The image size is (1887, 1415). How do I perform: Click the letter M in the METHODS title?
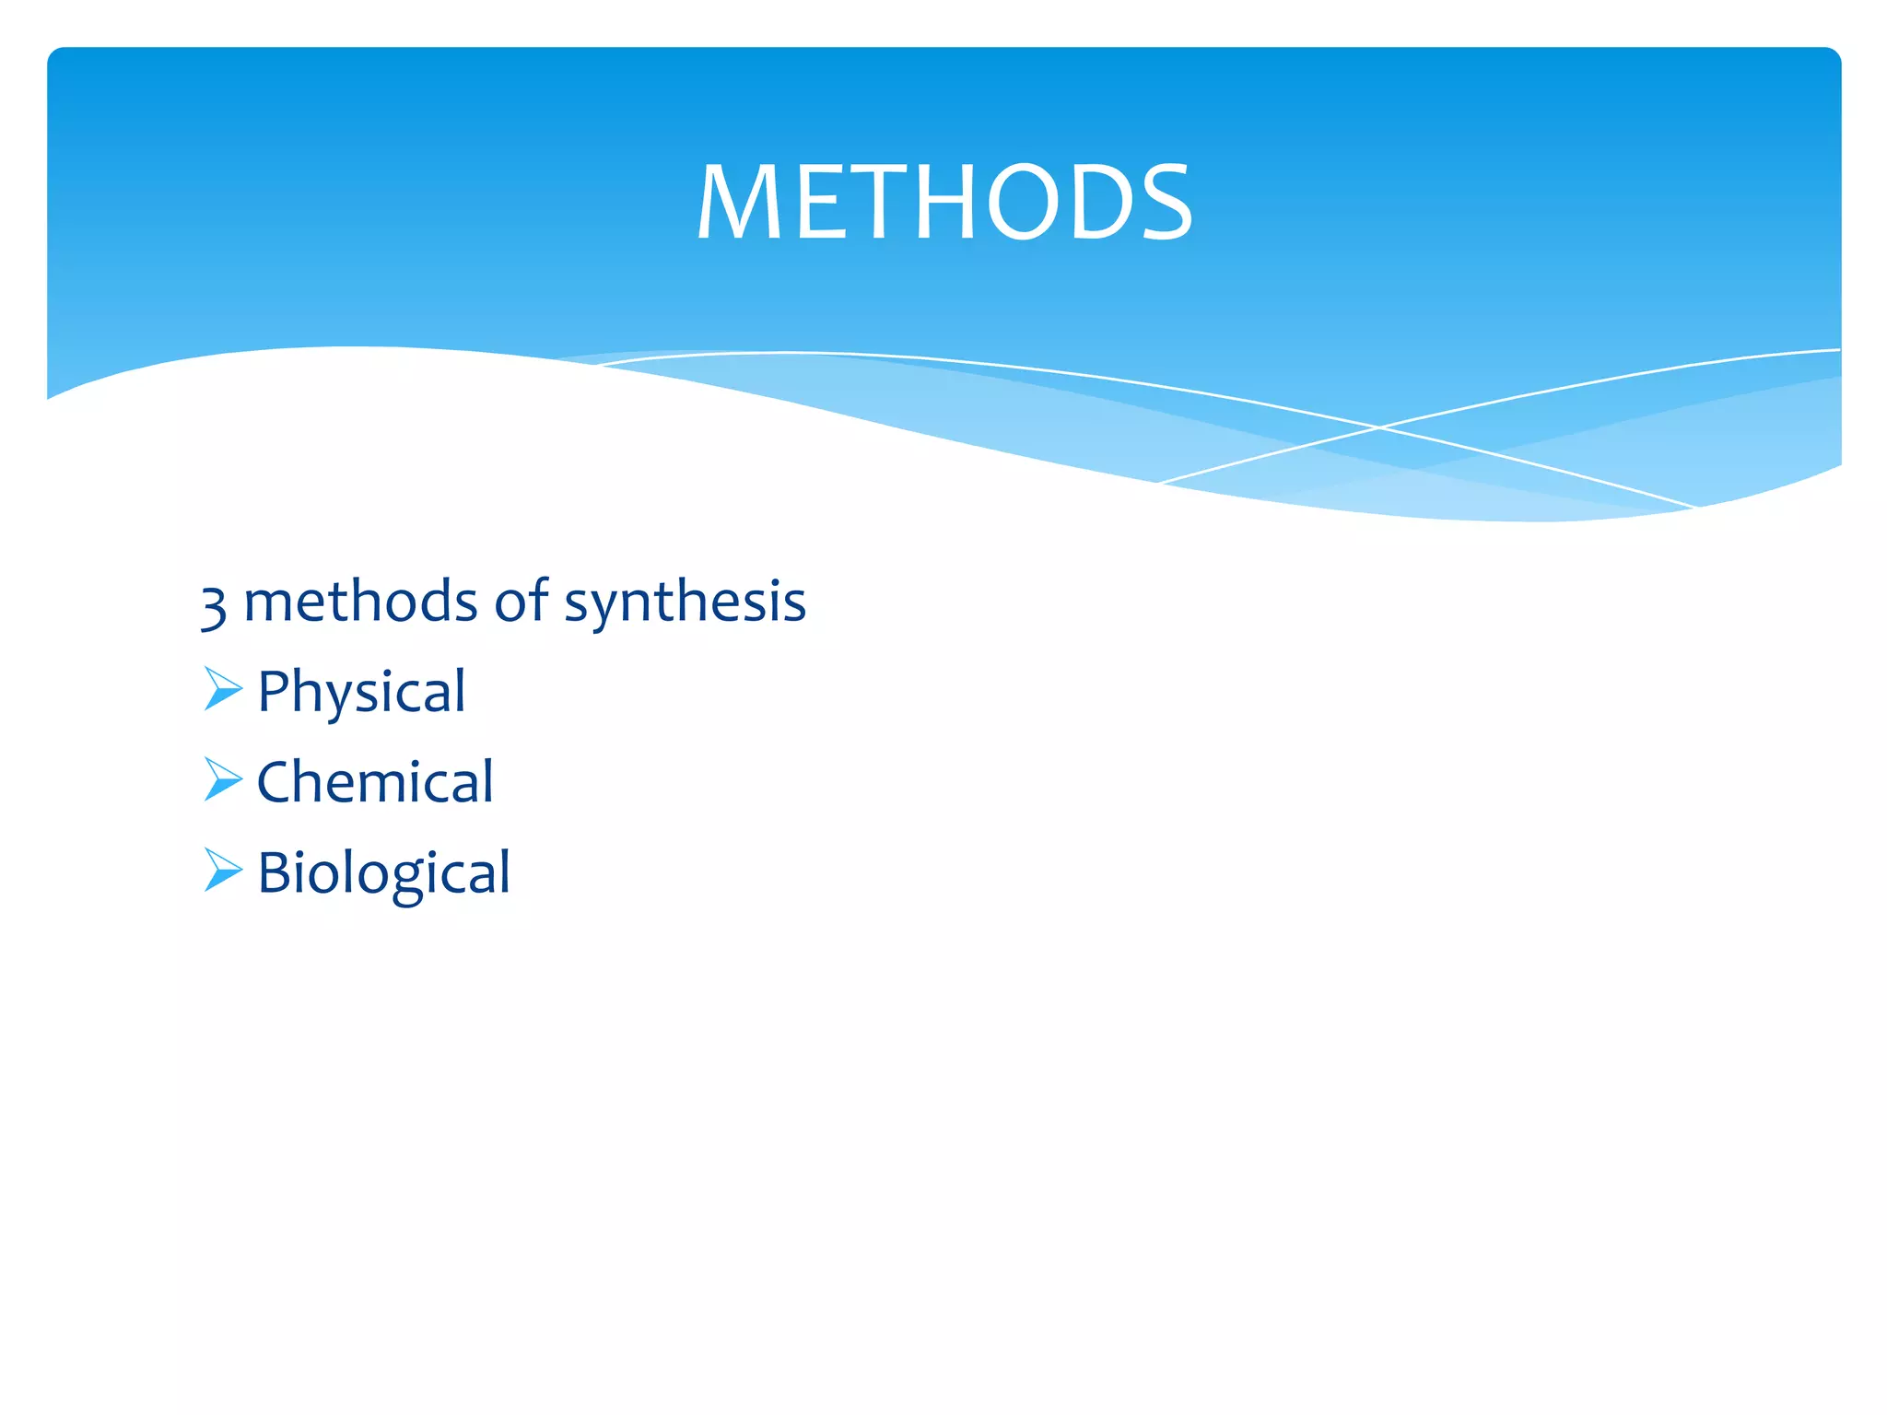[x=739, y=203]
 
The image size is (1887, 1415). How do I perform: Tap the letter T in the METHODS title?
[x=871, y=203]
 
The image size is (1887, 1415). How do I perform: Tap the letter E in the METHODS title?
[x=815, y=203]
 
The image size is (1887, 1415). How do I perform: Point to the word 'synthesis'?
[x=685, y=603]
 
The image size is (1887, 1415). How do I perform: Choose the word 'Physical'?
[x=361, y=692]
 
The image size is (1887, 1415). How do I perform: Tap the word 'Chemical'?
[x=375, y=782]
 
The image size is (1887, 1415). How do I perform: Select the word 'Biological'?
[x=383, y=872]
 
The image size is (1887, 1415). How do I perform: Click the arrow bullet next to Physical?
[x=222, y=689]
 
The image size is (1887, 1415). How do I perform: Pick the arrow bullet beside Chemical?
[x=222, y=779]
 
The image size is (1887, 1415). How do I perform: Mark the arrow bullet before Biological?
[x=222, y=870]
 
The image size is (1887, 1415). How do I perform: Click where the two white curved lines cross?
[x=1379, y=427]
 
